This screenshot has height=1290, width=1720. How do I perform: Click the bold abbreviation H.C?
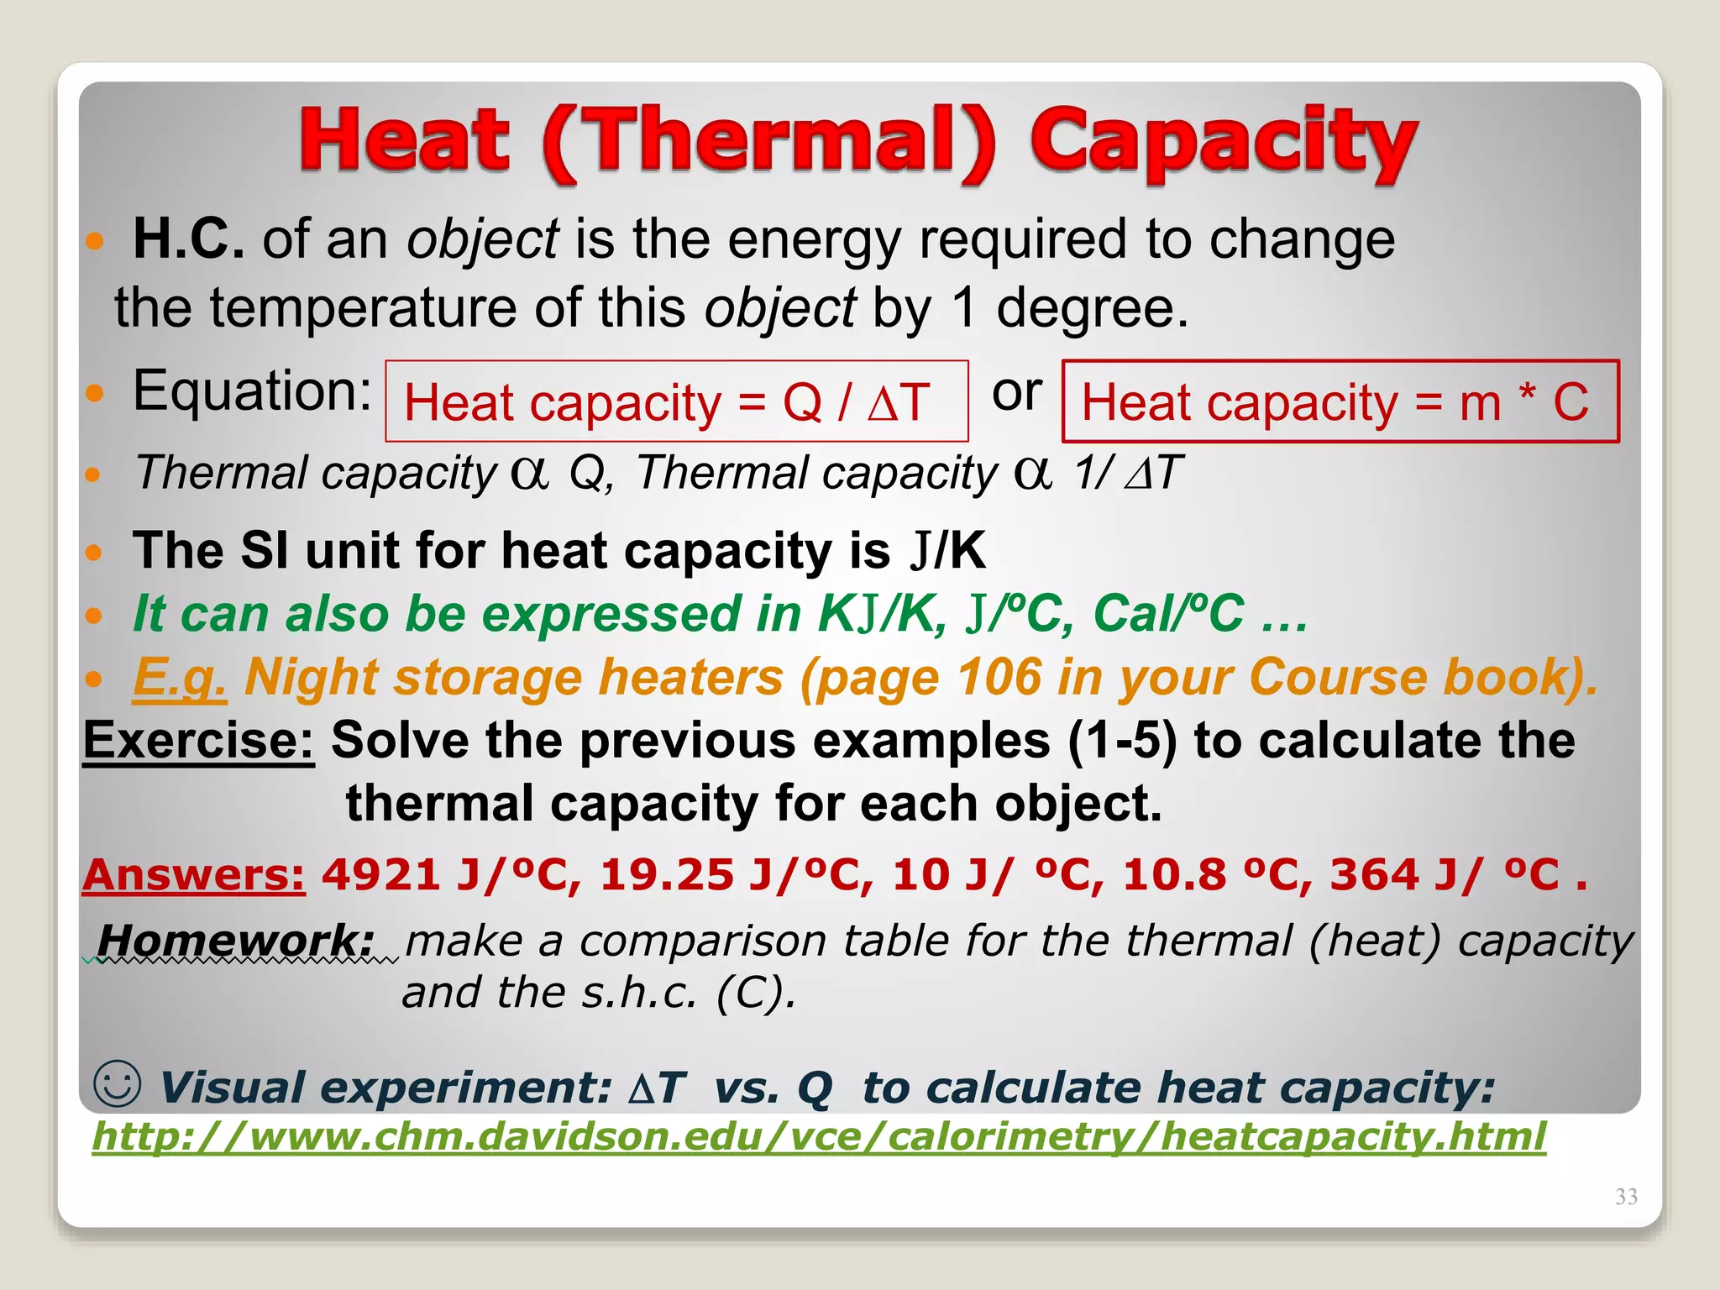click(x=189, y=239)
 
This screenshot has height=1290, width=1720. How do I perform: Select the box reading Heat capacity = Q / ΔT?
click(x=676, y=401)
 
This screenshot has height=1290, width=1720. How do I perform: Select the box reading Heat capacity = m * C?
click(x=1340, y=401)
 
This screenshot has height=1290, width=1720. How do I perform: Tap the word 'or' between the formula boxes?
click(x=1016, y=392)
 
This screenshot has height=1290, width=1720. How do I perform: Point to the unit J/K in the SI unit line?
click(x=948, y=552)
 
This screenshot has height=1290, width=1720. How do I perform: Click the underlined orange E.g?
click(x=180, y=677)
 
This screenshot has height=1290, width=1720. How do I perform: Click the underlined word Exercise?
click(x=198, y=741)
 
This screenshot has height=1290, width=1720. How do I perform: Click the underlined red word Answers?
click(x=193, y=875)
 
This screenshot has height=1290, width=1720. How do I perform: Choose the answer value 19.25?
click(x=667, y=875)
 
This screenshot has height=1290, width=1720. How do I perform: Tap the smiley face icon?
click(x=117, y=1083)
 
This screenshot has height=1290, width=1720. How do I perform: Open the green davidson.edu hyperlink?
click(x=818, y=1137)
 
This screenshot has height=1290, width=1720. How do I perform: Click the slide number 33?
click(x=1626, y=1197)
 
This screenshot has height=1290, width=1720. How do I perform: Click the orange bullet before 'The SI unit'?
click(x=93, y=553)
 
